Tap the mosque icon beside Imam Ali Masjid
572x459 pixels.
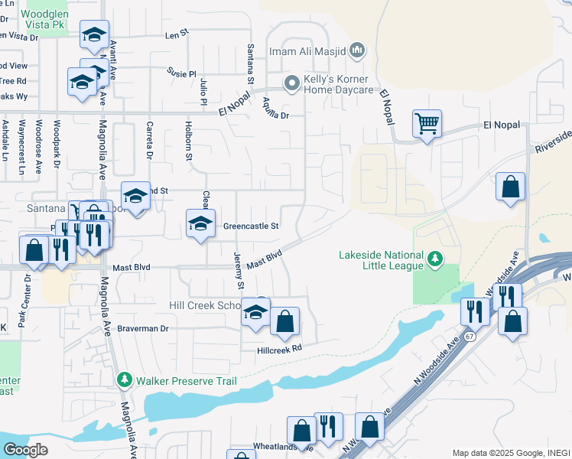(357, 52)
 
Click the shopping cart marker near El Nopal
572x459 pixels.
(427, 124)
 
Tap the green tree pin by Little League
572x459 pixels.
(435, 260)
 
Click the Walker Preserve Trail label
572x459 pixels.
(187, 380)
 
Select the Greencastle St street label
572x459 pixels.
(252, 226)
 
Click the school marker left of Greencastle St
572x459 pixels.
(200, 224)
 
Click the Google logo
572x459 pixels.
(25, 449)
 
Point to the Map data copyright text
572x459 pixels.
(510, 453)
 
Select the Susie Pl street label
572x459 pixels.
(182, 73)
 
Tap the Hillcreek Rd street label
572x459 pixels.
(280, 347)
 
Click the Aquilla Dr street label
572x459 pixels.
(275, 109)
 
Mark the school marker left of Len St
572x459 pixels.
(94, 34)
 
